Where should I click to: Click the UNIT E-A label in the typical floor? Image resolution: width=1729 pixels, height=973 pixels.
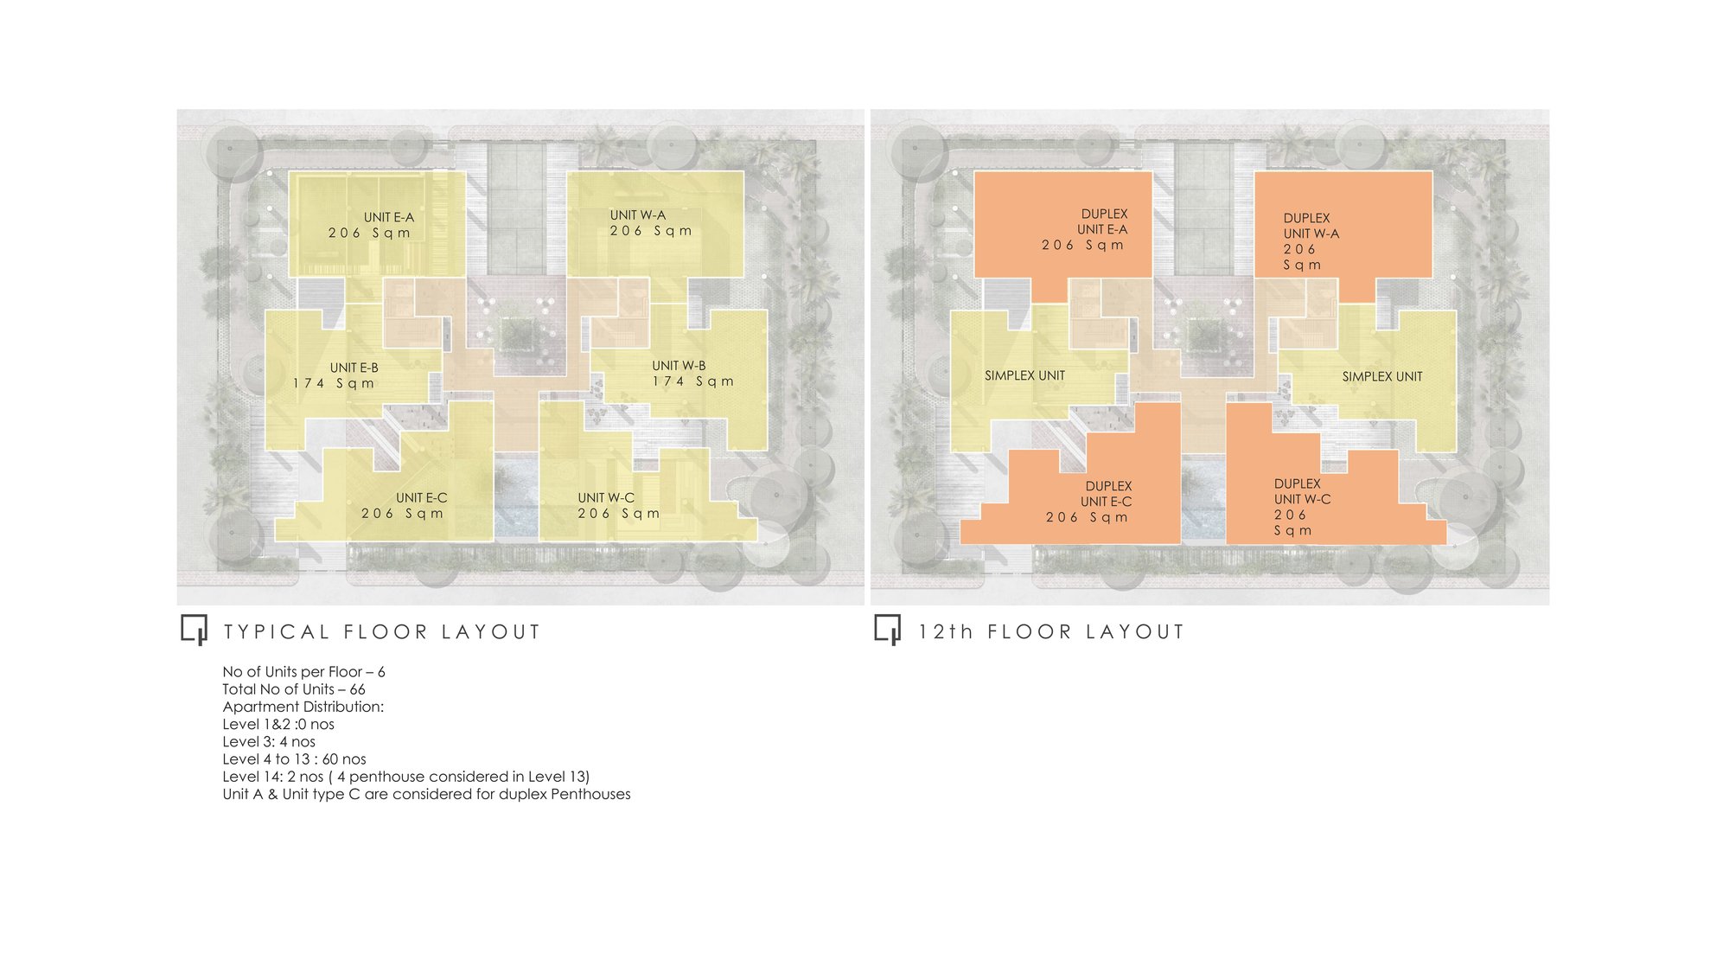click(x=389, y=217)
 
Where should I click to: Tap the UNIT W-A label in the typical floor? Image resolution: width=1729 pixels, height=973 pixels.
click(x=638, y=215)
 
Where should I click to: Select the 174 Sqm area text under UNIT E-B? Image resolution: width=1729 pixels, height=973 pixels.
click(x=334, y=383)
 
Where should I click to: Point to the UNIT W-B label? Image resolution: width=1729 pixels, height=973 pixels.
click(x=679, y=366)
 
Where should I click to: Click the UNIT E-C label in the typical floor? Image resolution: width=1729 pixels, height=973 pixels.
click(x=422, y=498)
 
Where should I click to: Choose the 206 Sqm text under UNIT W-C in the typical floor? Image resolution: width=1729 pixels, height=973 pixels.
click(x=619, y=514)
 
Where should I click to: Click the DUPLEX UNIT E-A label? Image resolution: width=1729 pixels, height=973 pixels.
click(x=1102, y=221)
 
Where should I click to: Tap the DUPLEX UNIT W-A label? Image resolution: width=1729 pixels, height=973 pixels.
click(x=1311, y=226)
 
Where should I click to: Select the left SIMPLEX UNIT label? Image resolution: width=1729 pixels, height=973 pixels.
click(x=1024, y=375)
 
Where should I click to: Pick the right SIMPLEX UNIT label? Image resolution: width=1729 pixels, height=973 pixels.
click(x=1382, y=376)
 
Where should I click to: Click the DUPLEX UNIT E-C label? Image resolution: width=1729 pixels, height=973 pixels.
click(x=1107, y=494)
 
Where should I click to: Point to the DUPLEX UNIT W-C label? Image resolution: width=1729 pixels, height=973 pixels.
click(x=1302, y=491)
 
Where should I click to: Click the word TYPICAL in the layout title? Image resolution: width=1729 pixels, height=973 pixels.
click(x=277, y=632)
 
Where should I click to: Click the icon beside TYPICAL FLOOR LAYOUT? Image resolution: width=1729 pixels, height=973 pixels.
click(x=195, y=630)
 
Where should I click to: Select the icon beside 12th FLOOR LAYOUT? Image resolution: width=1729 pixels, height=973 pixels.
click(x=888, y=630)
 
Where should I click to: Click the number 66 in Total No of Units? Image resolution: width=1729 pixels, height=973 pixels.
click(x=357, y=689)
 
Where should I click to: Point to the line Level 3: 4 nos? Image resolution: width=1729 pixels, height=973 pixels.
click(x=269, y=742)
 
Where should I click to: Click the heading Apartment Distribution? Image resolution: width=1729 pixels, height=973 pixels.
click(x=303, y=707)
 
